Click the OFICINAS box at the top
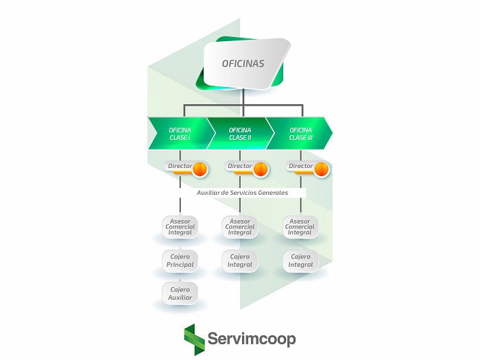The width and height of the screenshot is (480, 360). click(x=243, y=64)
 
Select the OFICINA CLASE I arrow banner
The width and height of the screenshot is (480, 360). click(x=180, y=133)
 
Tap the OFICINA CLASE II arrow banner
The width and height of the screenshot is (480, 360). click(x=239, y=133)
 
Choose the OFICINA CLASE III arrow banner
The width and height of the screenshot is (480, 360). click(x=300, y=133)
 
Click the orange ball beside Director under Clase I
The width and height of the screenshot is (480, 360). click(x=200, y=169)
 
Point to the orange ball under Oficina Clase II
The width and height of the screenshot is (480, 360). click(x=261, y=169)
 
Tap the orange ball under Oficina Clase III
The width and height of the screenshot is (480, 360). click(x=321, y=169)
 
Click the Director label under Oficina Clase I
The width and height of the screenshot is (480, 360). click(x=180, y=166)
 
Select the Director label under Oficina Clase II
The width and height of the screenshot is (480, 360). click(x=239, y=166)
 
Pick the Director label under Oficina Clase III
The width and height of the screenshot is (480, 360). click(x=300, y=166)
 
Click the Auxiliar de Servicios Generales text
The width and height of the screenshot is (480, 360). click(x=242, y=193)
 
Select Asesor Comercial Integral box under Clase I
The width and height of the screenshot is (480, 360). click(x=180, y=227)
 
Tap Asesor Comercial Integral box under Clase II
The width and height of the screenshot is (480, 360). click(x=240, y=227)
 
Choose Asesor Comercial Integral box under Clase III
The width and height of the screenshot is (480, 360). click(x=300, y=227)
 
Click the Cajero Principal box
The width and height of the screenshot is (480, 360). click(x=180, y=261)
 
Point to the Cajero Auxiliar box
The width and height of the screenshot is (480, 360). click(x=180, y=293)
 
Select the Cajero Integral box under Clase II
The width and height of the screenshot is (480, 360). click(x=240, y=261)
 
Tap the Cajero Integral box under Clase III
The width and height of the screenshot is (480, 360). click(x=300, y=261)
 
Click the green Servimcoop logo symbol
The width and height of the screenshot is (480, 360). click(x=194, y=339)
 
